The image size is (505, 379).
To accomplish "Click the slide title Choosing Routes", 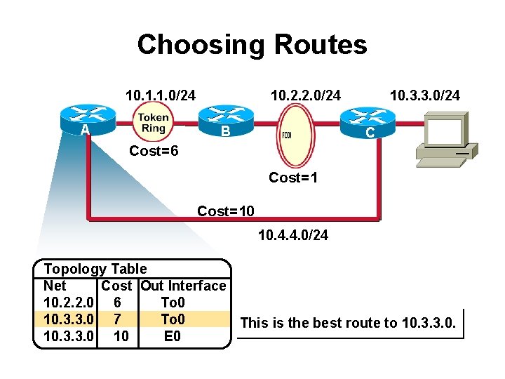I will (x=252, y=45).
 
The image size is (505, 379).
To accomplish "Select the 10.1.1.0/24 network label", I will (x=160, y=95).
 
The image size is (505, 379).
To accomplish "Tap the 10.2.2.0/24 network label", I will (x=306, y=95).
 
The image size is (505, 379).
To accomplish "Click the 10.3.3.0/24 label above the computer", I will (x=425, y=95).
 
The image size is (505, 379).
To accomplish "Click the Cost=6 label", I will (x=154, y=152).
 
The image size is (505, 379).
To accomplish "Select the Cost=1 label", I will (x=293, y=178).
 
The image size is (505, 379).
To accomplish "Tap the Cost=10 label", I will (x=226, y=211).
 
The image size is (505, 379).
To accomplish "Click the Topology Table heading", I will (x=95, y=269).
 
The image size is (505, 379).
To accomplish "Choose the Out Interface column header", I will (x=184, y=286).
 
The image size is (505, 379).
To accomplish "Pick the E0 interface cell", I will (x=173, y=336).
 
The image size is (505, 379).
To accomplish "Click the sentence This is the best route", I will (x=349, y=324).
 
